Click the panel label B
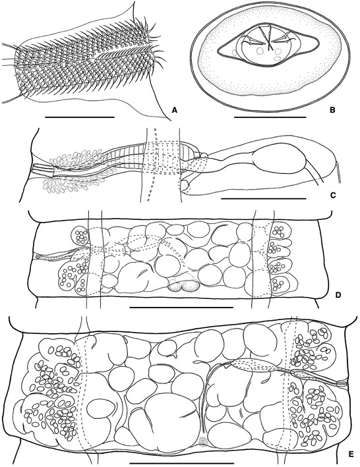click(x=332, y=110)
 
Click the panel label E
click(x=351, y=454)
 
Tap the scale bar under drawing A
click(x=80, y=117)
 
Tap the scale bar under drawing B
click(x=270, y=117)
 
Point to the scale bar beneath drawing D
click(x=181, y=306)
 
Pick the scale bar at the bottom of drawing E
click(x=182, y=463)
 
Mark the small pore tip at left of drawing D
click(x=38, y=256)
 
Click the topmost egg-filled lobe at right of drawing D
click(x=280, y=231)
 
